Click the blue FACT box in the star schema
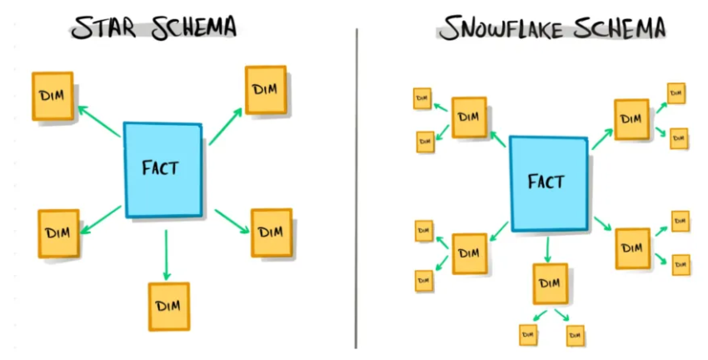point(162,168)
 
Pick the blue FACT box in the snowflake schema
point(547,182)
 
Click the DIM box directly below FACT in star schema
point(169,307)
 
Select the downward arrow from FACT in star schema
point(167,254)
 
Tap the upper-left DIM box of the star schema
point(52,95)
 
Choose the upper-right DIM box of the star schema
point(266,89)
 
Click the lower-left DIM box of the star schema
point(58,232)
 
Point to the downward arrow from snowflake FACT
point(547,247)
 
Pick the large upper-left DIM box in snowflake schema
point(469,117)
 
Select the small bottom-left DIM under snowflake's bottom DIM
point(527,335)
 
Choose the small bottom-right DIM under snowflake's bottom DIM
point(575,335)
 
